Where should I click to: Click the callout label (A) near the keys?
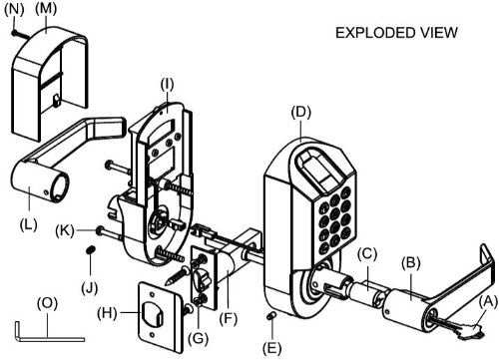[x=488, y=302]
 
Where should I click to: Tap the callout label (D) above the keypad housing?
[x=301, y=113]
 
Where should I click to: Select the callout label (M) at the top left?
[x=46, y=9]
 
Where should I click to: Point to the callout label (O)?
[x=47, y=303]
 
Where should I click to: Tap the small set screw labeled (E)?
[x=271, y=316]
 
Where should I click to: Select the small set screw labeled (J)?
[x=90, y=250]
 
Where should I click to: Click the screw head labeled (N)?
[x=14, y=33]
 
